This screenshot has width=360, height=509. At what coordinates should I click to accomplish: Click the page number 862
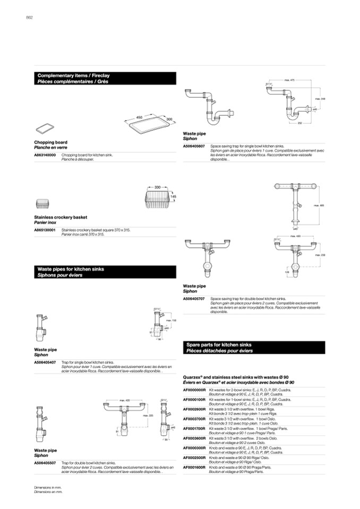click(x=30, y=18)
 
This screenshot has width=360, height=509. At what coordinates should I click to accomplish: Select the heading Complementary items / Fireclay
click(x=73, y=76)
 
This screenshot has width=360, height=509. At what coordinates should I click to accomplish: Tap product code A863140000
click(x=45, y=156)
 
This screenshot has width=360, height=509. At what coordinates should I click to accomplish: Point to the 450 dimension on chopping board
click(x=140, y=116)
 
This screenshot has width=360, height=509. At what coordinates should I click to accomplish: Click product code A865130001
click(x=45, y=230)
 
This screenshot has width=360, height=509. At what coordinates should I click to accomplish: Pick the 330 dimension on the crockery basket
click(x=158, y=187)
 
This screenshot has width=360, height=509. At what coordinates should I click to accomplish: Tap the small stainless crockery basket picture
click(x=42, y=204)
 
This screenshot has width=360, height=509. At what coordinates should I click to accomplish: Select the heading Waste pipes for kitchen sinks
click(x=71, y=269)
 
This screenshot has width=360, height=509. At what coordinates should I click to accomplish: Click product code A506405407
click(x=45, y=361)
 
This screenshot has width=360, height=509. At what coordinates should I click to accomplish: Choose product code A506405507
click(x=45, y=463)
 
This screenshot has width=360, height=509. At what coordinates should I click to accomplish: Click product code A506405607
click(x=194, y=145)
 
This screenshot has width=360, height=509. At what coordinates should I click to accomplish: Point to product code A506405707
click(x=194, y=299)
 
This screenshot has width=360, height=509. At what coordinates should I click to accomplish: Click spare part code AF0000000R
click(x=194, y=390)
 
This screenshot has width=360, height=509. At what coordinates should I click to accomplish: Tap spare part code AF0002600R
click(x=194, y=410)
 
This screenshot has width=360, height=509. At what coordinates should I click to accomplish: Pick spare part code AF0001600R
click(x=194, y=467)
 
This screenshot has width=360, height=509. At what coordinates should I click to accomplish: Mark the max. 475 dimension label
click(x=289, y=80)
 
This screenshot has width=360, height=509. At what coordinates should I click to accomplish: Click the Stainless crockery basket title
click(x=61, y=217)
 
